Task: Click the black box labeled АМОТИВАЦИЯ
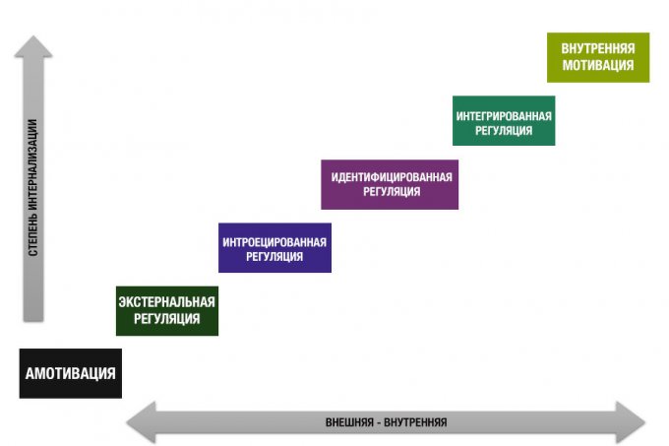pyautogui.click(x=71, y=373)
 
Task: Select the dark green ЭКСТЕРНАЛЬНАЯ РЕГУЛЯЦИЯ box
pyautogui.click(x=166, y=310)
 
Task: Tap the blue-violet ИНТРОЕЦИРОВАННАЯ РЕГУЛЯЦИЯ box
pyautogui.click(x=274, y=247)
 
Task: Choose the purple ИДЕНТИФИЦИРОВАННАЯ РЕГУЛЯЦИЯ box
pyautogui.click(x=390, y=184)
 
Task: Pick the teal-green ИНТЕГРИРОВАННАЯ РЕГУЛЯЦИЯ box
pyautogui.click(x=504, y=121)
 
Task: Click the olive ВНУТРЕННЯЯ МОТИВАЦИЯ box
pyautogui.click(x=598, y=57)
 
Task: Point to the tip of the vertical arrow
pyautogui.click(x=33, y=39)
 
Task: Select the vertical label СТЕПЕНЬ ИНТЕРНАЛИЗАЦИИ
pyautogui.click(x=33, y=187)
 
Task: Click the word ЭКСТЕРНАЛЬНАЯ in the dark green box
pyautogui.click(x=166, y=302)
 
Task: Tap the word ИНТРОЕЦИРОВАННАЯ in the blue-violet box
pyautogui.click(x=274, y=240)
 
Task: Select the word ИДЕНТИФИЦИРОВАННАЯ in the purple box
pyautogui.click(x=391, y=177)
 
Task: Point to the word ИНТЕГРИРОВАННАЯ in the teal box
pyautogui.click(x=504, y=115)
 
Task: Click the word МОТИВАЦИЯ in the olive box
pyautogui.click(x=598, y=65)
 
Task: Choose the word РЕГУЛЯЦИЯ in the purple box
pyautogui.click(x=391, y=192)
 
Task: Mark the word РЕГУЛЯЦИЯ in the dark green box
pyautogui.click(x=166, y=318)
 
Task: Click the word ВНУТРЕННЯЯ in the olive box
pyautogui.click(x=598, y=49)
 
